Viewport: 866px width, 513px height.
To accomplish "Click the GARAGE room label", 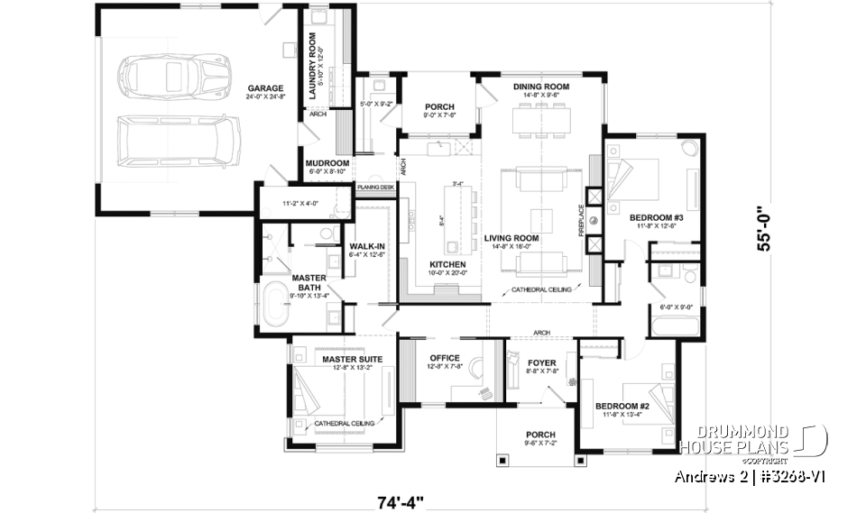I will coord(265,89).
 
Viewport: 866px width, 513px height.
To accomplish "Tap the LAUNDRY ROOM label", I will coord(312,57).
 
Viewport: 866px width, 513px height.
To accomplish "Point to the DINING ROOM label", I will coord(539,87).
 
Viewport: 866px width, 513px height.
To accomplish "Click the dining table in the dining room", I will coord(540,119).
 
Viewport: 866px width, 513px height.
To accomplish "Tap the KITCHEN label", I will coord(447,263).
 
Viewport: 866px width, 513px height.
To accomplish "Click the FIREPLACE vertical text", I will coord(593,220).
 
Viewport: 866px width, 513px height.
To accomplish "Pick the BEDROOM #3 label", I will coord(655,217).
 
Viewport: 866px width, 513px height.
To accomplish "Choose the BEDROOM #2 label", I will coord(622,407).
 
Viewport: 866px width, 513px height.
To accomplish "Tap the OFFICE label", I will coord(444,358).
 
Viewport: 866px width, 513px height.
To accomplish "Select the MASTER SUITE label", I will coord(352,359).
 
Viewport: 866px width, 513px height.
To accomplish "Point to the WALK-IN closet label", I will coord(367,245).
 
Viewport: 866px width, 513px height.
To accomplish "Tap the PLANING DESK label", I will coord(375,188).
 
